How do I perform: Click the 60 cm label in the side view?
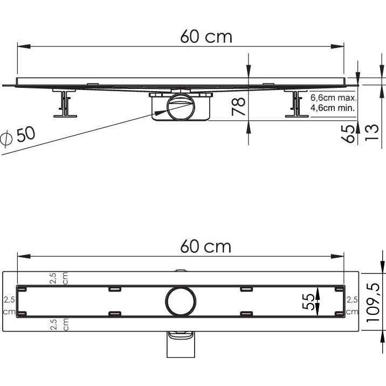(206, 37)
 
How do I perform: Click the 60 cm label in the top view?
(206, 246)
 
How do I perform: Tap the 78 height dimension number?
(238, 107)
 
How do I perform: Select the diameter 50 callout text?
(18, 136)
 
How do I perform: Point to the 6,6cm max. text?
(334, 98)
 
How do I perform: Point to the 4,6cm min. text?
(333, 108)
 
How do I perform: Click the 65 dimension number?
(348, 134)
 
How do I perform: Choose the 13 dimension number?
(371, 133)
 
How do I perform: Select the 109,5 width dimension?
(373, 302)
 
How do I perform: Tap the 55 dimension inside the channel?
(308, 301)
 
